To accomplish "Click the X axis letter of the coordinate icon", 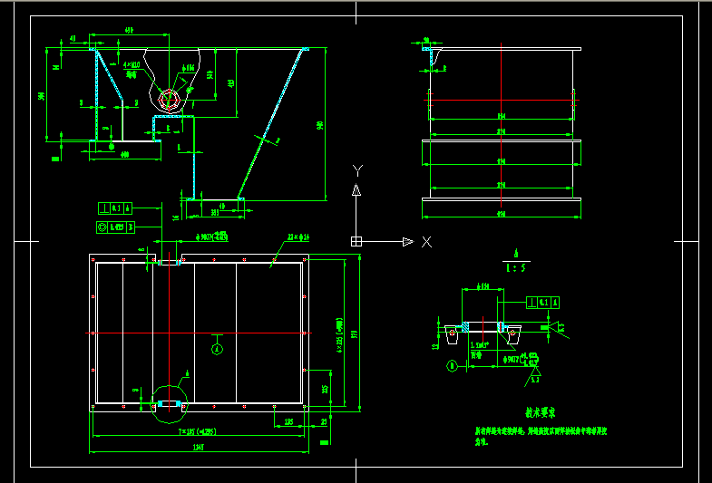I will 426,242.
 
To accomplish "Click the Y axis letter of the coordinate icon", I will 358,170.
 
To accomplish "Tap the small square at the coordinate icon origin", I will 356,241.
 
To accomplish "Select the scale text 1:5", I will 514,266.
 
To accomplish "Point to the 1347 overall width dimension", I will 198,448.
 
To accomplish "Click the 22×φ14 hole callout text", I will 298,237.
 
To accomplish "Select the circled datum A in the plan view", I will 216,348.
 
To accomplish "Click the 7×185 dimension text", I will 197,431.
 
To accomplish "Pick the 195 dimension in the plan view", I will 288,420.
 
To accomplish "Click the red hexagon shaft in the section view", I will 166,99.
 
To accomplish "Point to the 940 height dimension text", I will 319,125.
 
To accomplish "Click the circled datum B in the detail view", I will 452,366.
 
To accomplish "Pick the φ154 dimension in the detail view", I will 484,286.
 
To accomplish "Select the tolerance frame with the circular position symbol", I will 116,227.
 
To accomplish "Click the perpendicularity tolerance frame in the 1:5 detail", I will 542,302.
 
